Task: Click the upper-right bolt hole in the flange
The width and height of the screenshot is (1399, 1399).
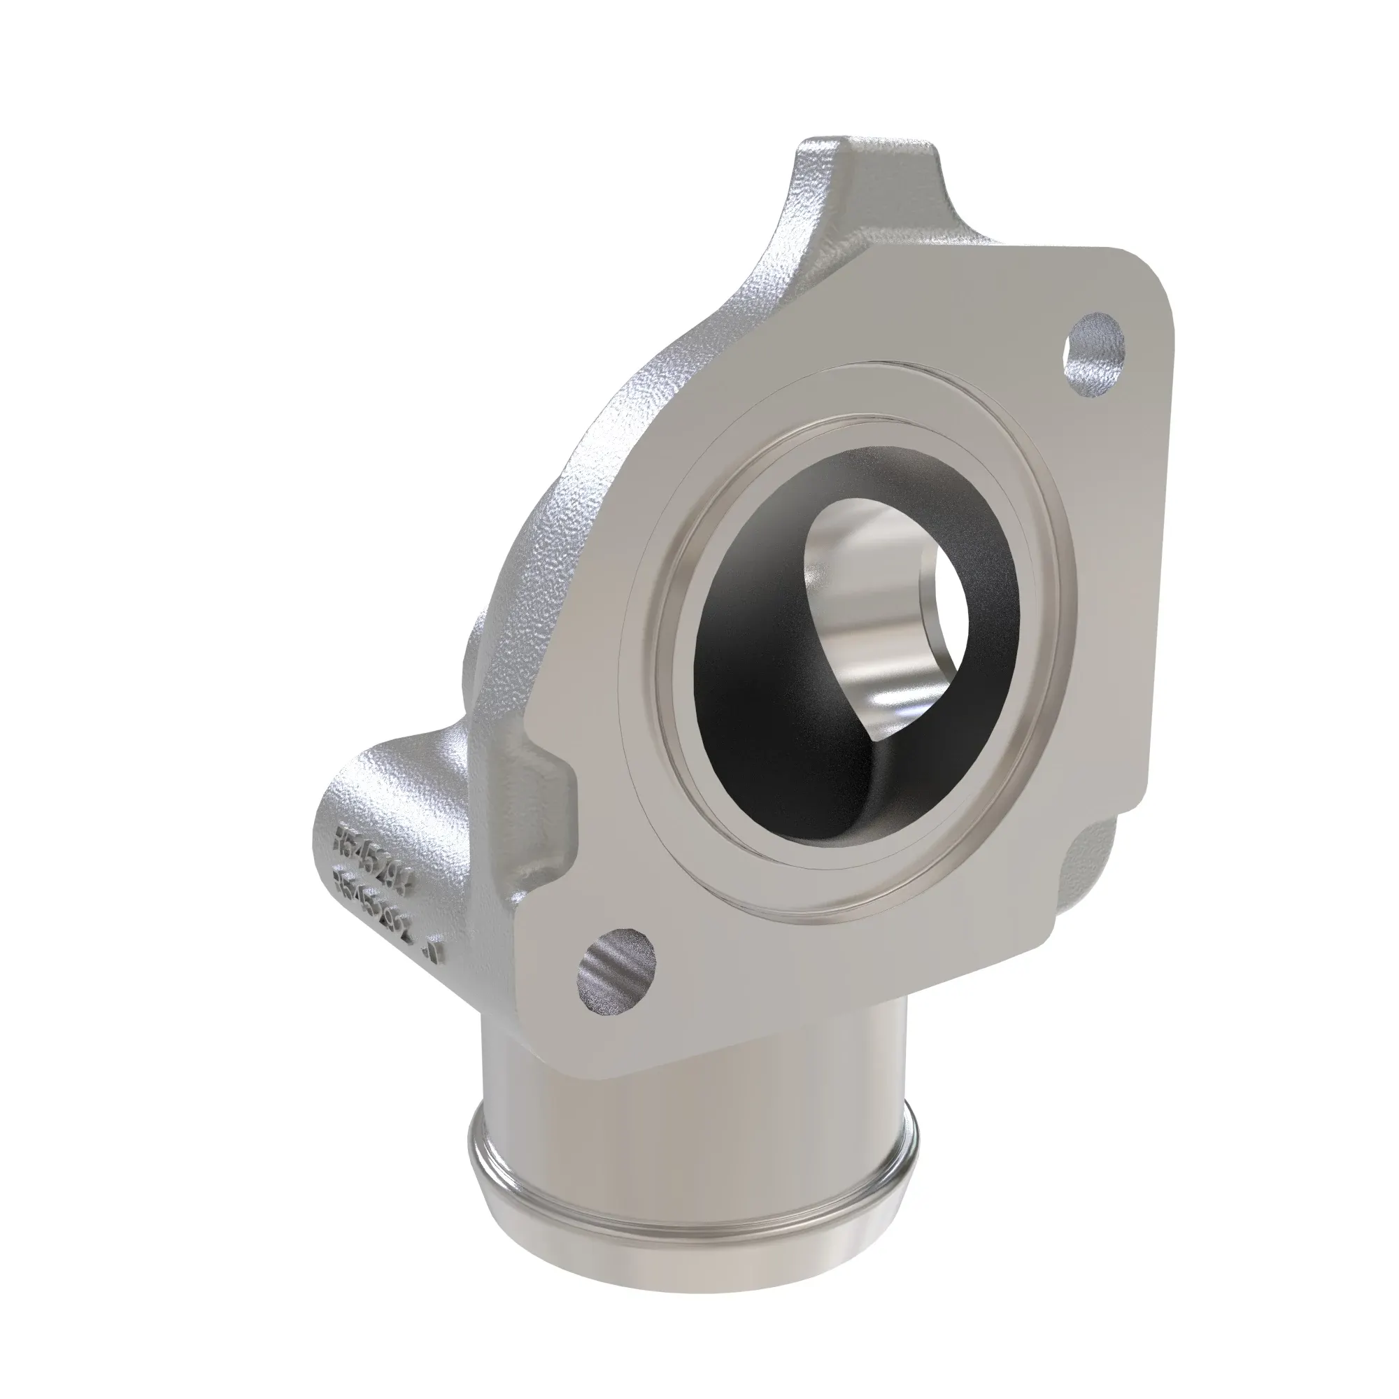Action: click(x=1096, y=353)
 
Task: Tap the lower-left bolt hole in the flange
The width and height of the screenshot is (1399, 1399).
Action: click(x=616, y=970)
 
